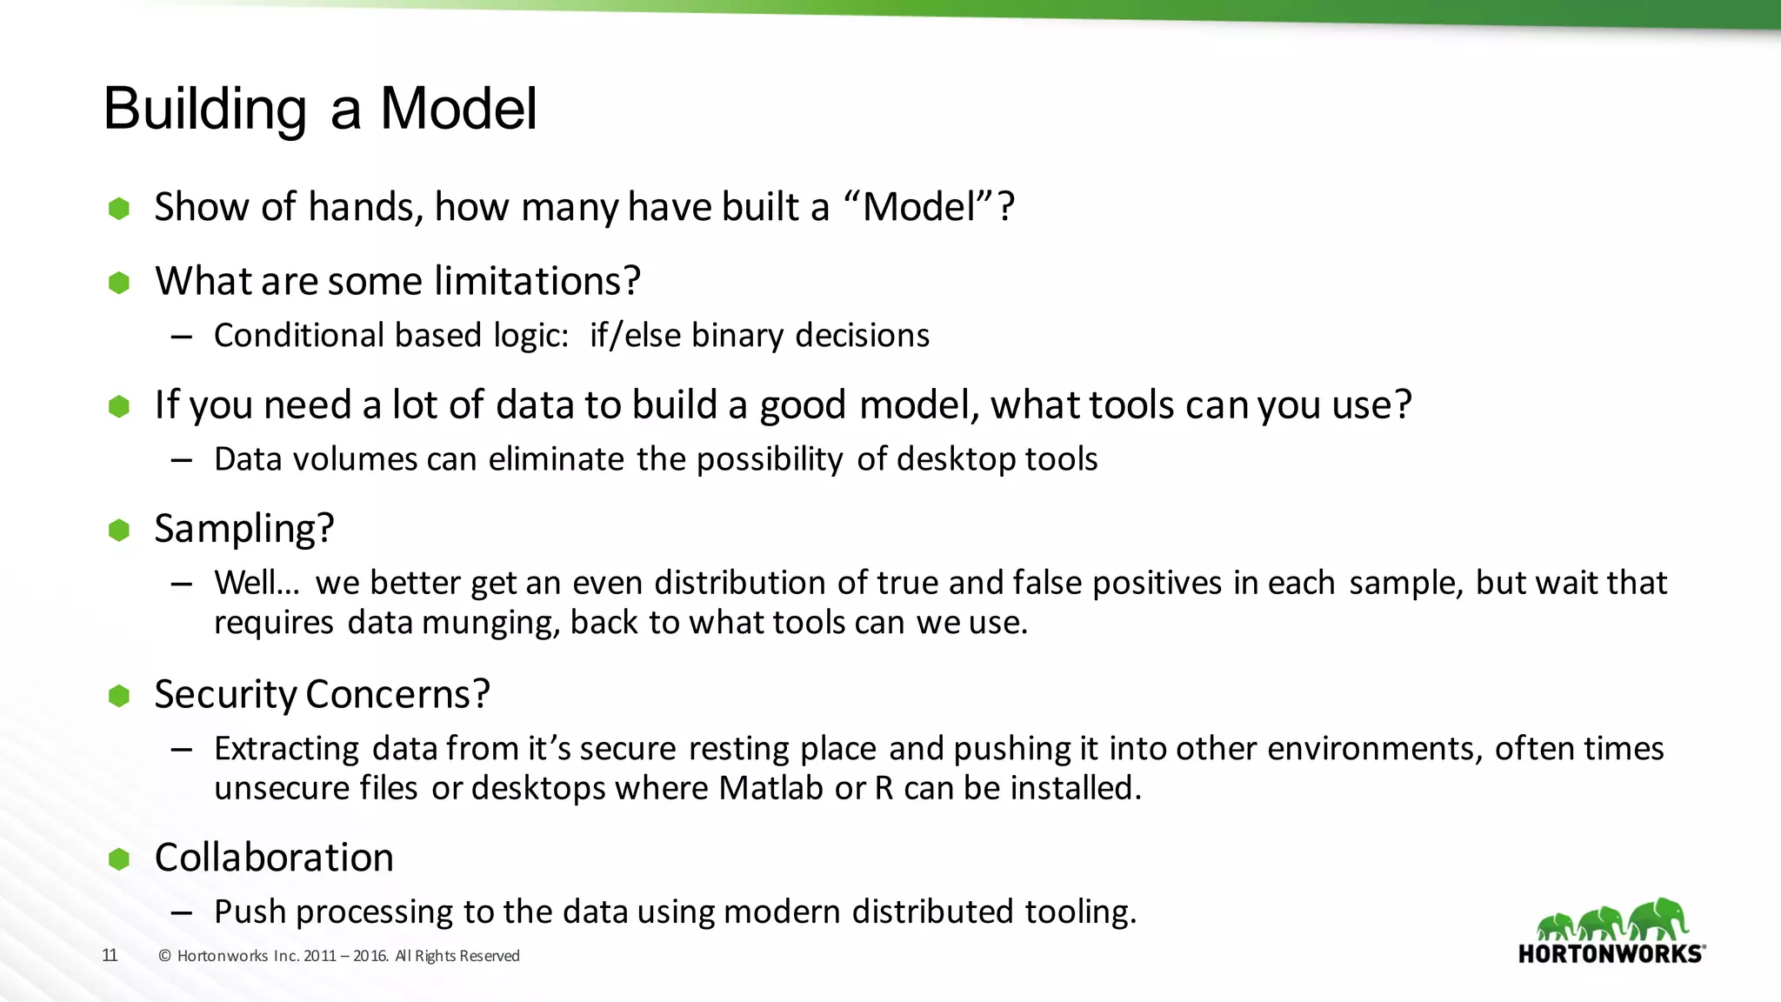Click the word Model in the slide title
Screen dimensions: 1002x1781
(458, 110)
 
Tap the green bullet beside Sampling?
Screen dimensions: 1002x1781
(119, 530)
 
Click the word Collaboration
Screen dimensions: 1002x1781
(274, 858)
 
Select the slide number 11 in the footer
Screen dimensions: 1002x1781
(110, 955)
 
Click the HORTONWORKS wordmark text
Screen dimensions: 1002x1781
(1611, 954)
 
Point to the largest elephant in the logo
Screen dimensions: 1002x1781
(1659, 918)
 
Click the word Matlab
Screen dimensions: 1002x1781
(770, 788)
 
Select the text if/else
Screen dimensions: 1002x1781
(635, 336)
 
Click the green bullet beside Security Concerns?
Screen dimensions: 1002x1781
(119, 695)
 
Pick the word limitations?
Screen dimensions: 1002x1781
(537, 282)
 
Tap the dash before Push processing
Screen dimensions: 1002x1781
(181, 912)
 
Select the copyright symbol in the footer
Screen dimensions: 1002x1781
(164, 956)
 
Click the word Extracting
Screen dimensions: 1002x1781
(286, 749)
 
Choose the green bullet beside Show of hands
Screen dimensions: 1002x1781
(119, 208)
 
